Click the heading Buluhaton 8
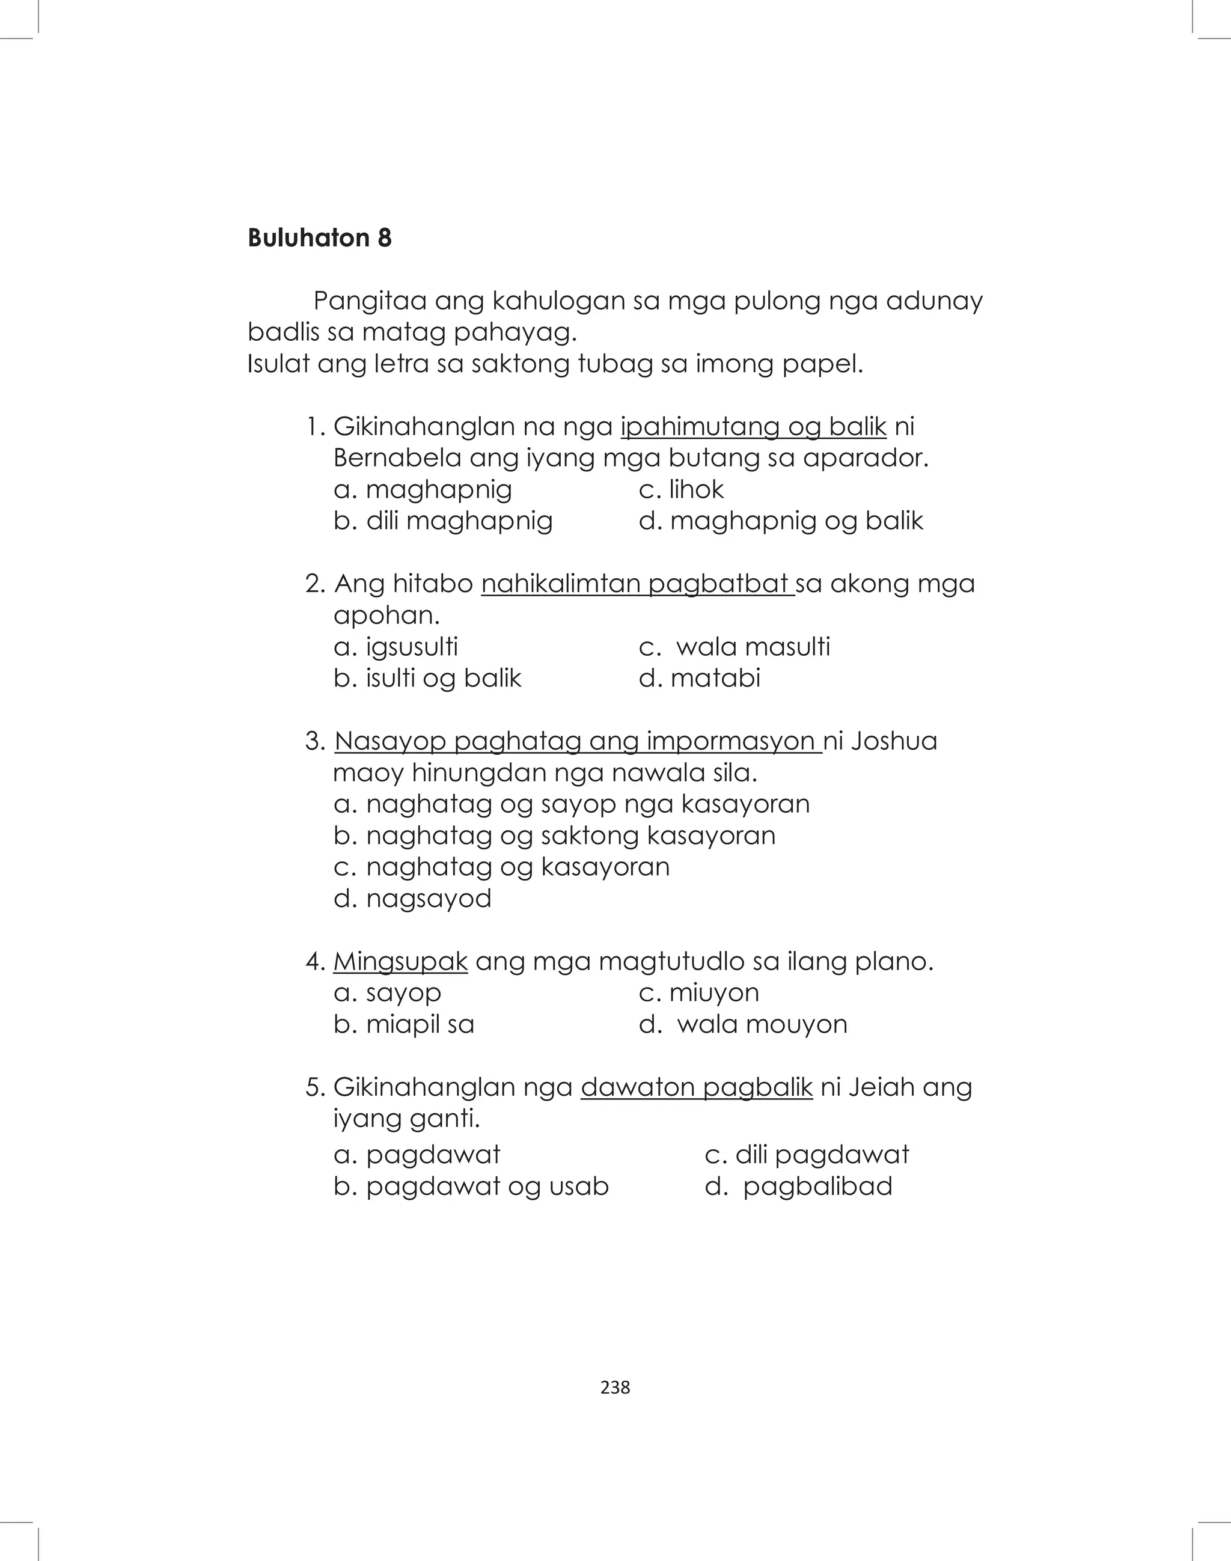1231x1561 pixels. pyautogui.click(x=319, y=238)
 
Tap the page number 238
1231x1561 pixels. pyautogui.click(x=615, y=1387)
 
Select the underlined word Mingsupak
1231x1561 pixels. pyautogui.click(x=400, y=961)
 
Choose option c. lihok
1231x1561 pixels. pyautogui.click(x=681, y=489)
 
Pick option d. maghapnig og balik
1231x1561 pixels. pyautogui.click(x=781, y=521)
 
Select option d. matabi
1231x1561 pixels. pyautogui.click(x=699, y=678)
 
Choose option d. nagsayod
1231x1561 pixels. pyautogui.click(x=412, y=899)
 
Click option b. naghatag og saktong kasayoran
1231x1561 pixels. pyautogui.click(x=554, y=835)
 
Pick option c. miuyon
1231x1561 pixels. pyautogui.click(x=698, y=992)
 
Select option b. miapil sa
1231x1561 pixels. pyautogui.click(x=403, y=1024)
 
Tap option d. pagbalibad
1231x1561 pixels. pyautogui.click(x=799, y=1187)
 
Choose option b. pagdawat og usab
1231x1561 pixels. pyautogui.click(x=471, y=1187)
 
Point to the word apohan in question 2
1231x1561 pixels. pyautogui.click(x=385, y=616)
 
